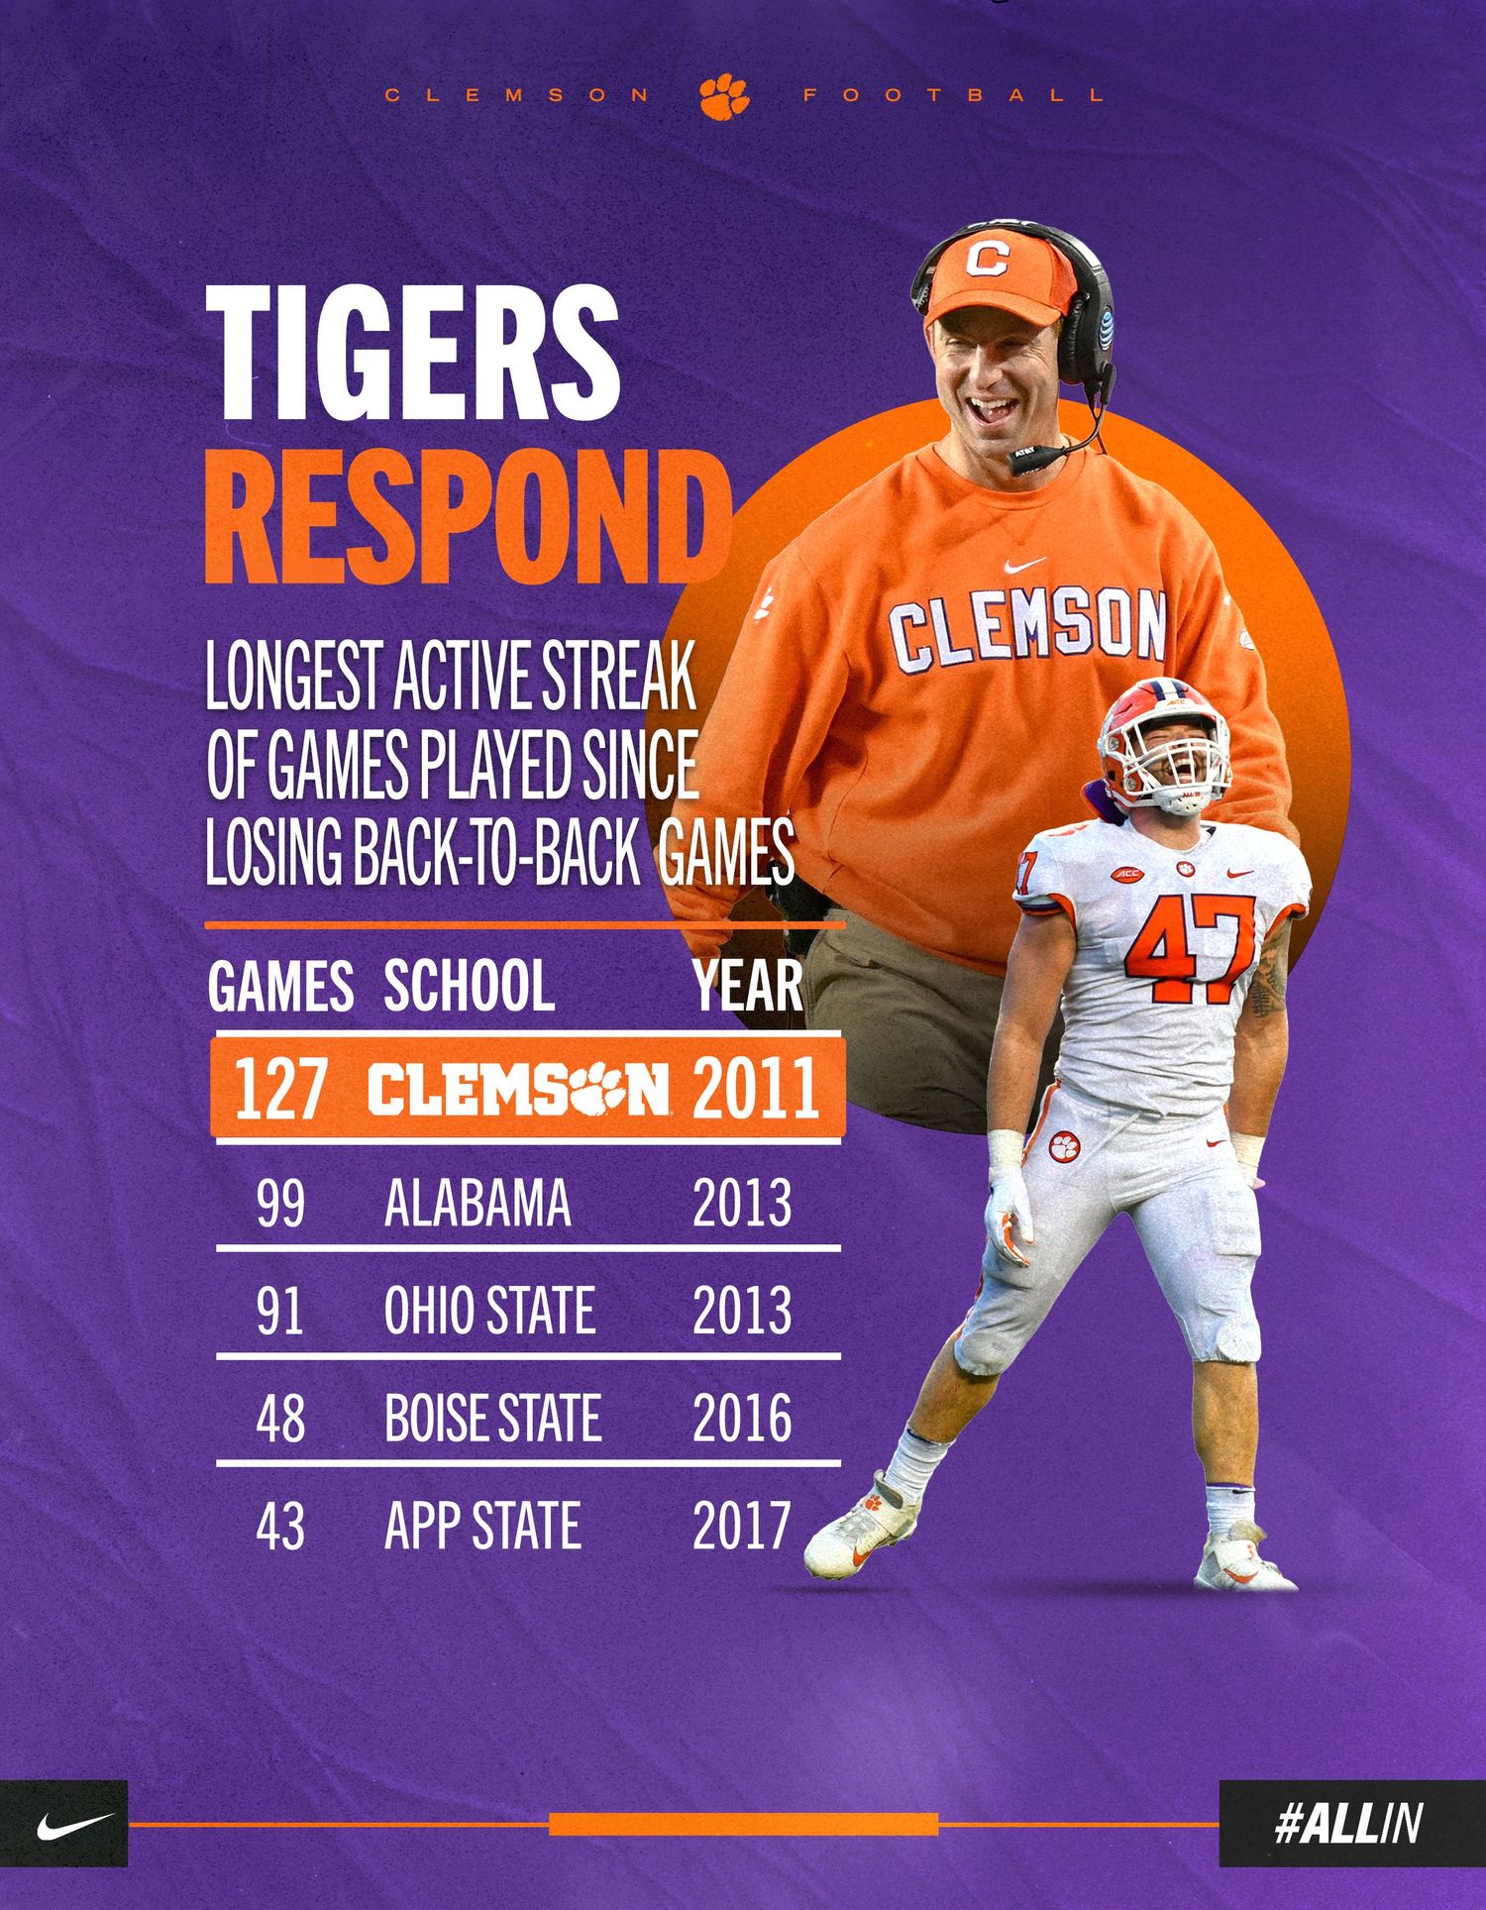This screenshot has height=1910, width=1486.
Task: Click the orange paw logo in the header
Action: tap(724, 96)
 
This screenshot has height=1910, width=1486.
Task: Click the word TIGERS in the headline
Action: tap(413, 354)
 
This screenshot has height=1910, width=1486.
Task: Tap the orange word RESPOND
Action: tap(467, 517)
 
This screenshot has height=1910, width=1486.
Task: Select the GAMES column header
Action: tap(281, 986)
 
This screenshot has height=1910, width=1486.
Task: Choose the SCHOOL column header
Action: tap(469, 986)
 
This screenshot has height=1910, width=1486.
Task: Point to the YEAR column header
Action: tap(748, 986)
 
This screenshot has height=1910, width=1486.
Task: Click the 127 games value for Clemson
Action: tap(279, 1088)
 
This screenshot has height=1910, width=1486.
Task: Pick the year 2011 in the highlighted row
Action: tap(756, 1088)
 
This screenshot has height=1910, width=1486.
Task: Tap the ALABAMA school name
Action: tap(478, 1203)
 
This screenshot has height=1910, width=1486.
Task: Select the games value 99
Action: tap(280, 1203)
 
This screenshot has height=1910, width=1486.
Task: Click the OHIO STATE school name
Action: tap(489, 1310)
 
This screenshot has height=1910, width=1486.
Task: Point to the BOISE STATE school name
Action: tap(492, 1418)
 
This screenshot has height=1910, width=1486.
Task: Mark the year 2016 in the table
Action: tap(742, 1418)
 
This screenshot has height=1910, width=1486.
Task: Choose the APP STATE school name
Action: tap(482, 1526)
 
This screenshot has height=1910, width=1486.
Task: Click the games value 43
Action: tap(280, 1526)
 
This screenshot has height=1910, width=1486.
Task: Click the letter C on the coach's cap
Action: tap(986, 259)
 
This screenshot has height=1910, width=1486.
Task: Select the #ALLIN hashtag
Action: tap(1349, 1824)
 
